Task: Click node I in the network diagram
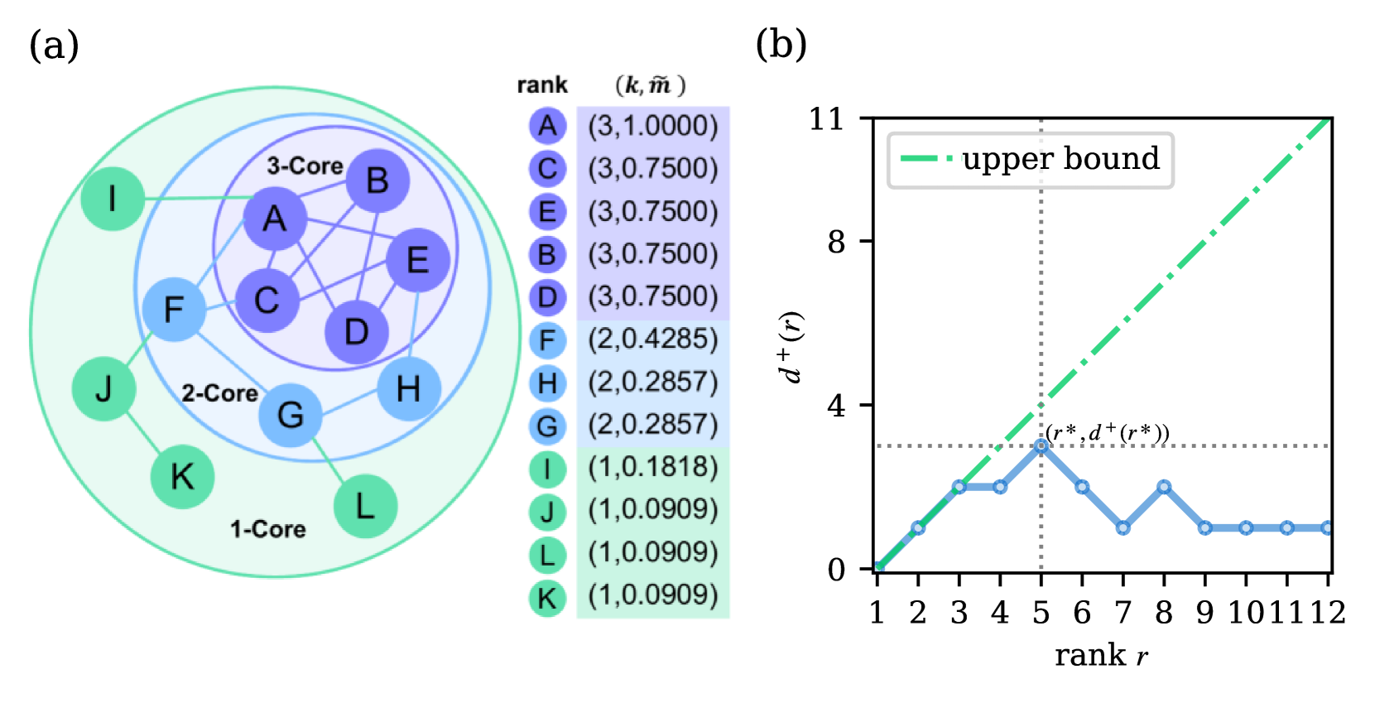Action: (113, 199)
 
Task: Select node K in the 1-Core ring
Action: (182, 476)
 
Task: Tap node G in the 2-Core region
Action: (290, 414)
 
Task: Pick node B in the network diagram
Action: (377, 180)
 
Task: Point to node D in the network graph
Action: (356, 331)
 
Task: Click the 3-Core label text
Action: (305, 166)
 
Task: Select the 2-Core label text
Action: (219, 392)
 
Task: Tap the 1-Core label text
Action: (267, 528)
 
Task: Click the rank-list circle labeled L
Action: (547, 555)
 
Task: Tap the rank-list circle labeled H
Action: (547, 383)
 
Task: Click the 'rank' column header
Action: (542, 84)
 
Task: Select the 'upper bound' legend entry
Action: (1031, 159)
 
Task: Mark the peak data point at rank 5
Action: (1041, 446)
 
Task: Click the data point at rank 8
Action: (1164, 487)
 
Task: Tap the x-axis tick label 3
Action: (959, 613)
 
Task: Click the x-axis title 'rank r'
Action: (1101, 655)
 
